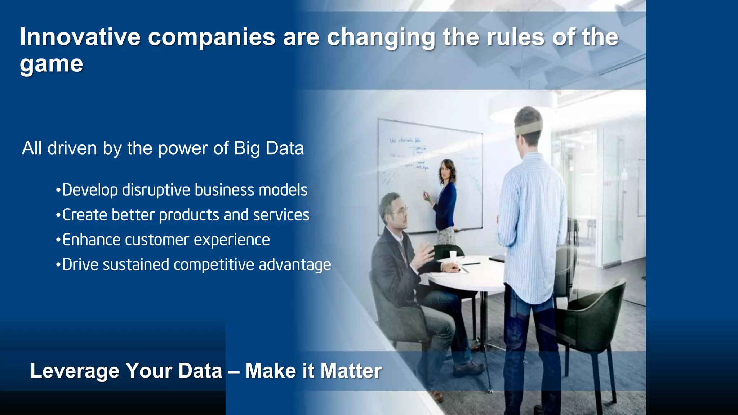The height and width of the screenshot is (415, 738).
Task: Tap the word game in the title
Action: (51, 64)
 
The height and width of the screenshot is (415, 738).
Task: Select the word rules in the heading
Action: (515, 37)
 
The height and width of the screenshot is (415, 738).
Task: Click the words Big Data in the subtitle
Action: (268, 148)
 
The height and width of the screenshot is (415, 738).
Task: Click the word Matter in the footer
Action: (351, 371)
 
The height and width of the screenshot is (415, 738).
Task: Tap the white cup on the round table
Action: (453, 256)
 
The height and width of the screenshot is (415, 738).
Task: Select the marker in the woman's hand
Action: (427, 196)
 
